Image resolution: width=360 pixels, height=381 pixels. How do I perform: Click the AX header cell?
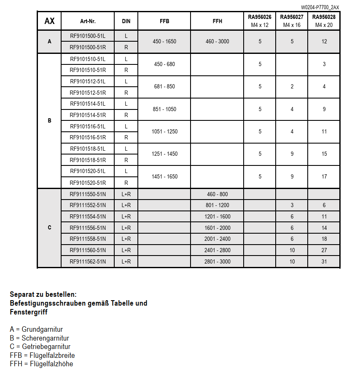[49, 21]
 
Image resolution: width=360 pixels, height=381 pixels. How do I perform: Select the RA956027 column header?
[292, 17]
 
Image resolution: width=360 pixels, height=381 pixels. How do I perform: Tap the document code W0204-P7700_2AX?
[320, 7]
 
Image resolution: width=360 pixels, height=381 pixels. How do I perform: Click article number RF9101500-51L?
[88, 36]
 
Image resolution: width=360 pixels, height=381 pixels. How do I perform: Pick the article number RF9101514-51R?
[88, 115]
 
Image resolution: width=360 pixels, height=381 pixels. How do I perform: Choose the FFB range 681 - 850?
[164, 87]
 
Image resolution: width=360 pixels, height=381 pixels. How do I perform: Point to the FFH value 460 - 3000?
[217, 42]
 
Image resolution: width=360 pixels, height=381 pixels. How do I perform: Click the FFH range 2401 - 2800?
[217, 250]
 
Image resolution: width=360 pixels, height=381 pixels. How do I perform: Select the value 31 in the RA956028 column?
[324, 261]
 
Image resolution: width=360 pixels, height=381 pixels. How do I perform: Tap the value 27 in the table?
[324, 250]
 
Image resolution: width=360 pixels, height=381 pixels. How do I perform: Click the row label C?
[49, 228]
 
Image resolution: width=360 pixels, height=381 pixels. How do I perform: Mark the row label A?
[49, 42]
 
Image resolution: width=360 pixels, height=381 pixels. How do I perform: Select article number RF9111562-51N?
[88, 261]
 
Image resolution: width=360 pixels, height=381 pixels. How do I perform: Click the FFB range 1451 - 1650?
[164, 177]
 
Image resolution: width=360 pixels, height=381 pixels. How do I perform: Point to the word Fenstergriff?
[29, 312]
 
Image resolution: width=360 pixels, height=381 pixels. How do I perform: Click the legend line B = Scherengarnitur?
[40, 338]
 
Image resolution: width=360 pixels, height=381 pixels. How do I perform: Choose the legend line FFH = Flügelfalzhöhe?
[41, 364]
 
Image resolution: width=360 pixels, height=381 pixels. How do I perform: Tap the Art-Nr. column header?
[88, 21]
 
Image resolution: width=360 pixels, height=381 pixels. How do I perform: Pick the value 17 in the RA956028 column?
[324, 177]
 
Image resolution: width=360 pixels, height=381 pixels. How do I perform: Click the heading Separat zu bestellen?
[43, 294]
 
